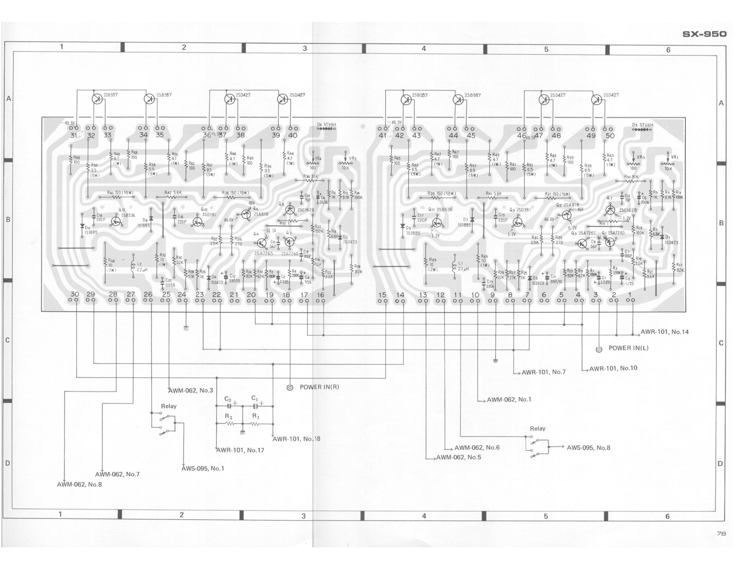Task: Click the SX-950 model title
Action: (704, 34)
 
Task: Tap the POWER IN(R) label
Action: (319, 387)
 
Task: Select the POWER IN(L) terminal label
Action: (628, 348)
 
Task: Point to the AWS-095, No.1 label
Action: (203, 468)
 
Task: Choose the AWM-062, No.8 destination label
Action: (79, 484)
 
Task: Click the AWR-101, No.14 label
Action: (664, 332)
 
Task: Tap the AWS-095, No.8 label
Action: (588, 448)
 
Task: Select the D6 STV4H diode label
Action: (326, 125)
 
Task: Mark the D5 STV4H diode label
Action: (643, 125)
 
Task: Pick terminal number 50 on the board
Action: (610, 136)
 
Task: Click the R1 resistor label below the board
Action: (256, 416)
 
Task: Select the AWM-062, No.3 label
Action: (191, 390)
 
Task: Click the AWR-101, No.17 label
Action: (240, 450)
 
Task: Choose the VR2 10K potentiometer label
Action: (352, 158)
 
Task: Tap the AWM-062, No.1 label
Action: (509, 399)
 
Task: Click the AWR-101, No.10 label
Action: (613, 368)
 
